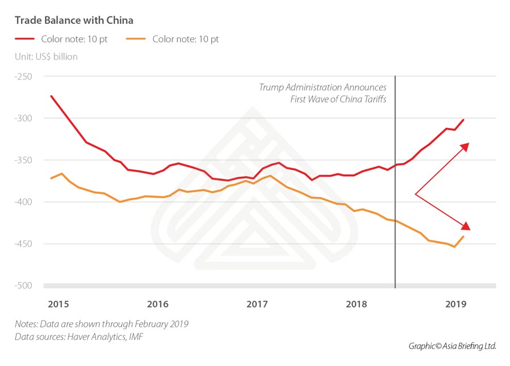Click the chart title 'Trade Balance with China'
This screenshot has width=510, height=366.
[x=74, y=20]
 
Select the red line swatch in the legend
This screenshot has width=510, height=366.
[x=25, y=39]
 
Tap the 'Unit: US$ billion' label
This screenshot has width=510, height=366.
[x=46, y=57]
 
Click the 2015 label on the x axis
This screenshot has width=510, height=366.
[x=58, y=304]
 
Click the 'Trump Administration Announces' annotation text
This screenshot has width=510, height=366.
[x=322, y=88]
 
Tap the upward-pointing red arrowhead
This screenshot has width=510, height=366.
[x=465, y=147]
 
